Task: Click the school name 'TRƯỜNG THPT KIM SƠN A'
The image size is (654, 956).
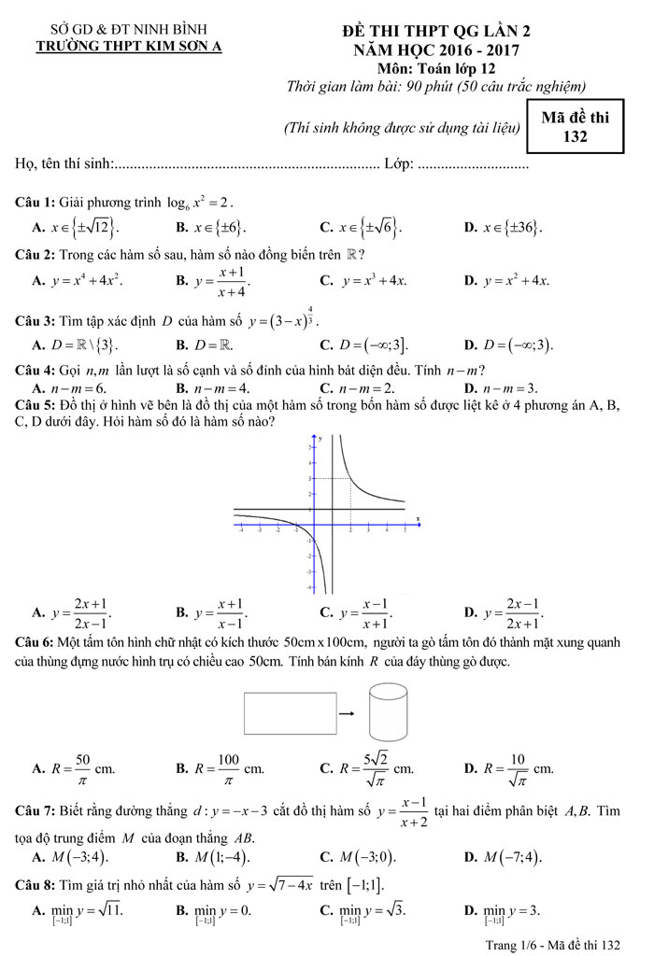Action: coord(135,44)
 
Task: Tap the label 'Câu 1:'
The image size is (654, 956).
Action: coord(36,202)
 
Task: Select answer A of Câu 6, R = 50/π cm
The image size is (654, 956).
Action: coord(74,768)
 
